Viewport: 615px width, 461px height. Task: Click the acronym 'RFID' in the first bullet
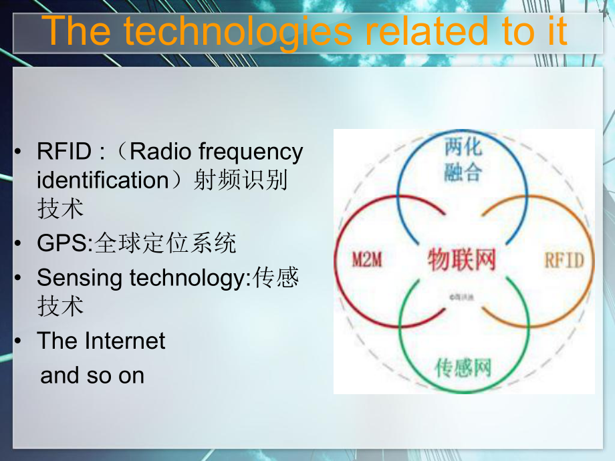click(x=64, y=152)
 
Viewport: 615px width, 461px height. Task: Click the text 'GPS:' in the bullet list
click(x=66, y=244)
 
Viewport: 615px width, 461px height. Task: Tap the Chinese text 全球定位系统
click(x=166, y=244)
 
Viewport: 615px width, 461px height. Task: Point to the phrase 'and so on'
click(x=92, y=375)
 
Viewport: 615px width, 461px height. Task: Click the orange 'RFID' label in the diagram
click(x=564, y=259)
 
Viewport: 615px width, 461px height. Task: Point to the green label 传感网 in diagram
click(x=463, y=367)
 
